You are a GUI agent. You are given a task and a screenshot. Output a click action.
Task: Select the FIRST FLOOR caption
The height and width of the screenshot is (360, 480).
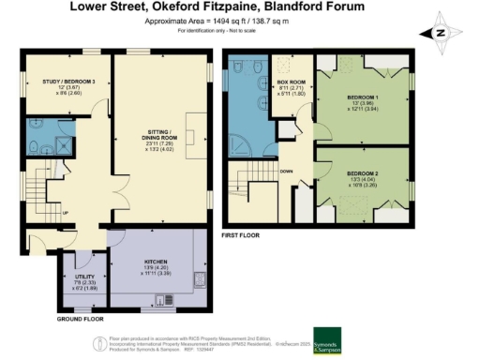click(x=240, y=236)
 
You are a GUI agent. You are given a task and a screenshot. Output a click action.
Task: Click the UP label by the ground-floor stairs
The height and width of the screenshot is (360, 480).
click(x=65, y=211)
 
